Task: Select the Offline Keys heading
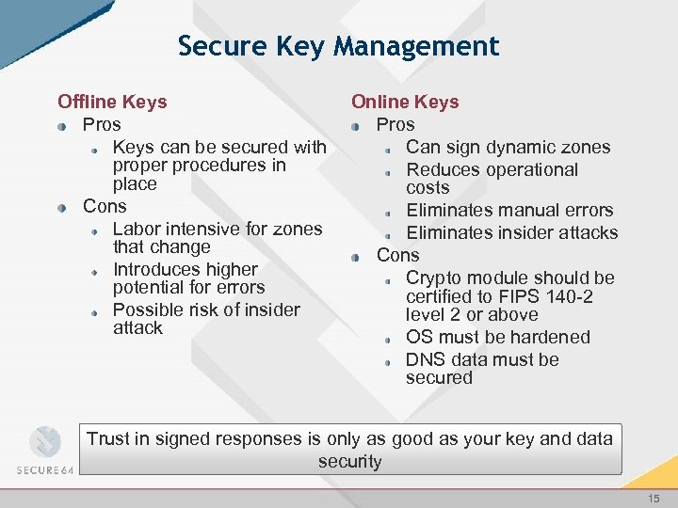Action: click(x=112, y=102)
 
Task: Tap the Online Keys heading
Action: click(x=405, y=102)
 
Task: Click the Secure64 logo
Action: click(x=44, y=452)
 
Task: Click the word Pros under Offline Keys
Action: click(x=102, y=124)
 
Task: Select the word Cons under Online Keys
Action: click(x=398, y=255)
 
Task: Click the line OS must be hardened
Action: click(x=498, y=337)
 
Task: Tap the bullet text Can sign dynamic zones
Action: click(x=508, y=147)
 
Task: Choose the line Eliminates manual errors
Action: click(x=509, y=210)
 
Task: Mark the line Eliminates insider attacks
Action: click(x=511, y=232)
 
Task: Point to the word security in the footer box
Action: click(x=349, y=462)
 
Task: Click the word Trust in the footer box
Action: click(x=109, y=438)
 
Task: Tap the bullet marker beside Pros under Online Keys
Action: click(x=355, y=125)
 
